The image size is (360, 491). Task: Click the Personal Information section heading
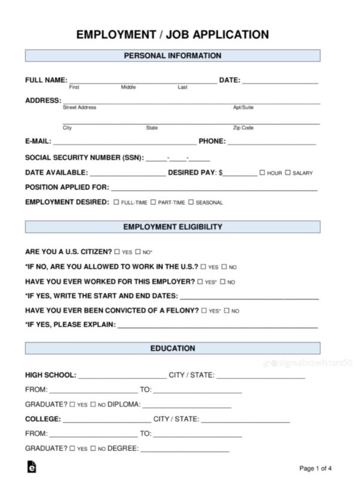point(172,56)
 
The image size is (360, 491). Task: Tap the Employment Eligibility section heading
point(172,227)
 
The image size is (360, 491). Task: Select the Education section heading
point(172,348)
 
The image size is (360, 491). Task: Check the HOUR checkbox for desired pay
point(262,173)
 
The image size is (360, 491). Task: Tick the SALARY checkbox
point(288,173)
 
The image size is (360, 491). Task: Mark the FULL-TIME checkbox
point(116,203)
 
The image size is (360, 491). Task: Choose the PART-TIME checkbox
point(153,203)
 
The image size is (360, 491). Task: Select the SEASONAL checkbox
point(191,203)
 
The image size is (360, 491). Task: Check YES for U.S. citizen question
point(117,252)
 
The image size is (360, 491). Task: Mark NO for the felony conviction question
point(227,311)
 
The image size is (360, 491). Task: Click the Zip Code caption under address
point(243,128)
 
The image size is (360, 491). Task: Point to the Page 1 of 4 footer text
point(315,468)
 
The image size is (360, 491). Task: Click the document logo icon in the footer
point(31,467)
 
